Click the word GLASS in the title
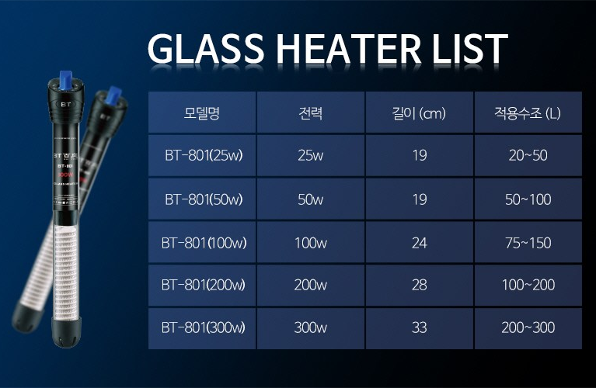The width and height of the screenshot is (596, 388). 206,49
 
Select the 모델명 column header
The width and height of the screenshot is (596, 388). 202,113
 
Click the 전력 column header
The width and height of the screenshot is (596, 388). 311,113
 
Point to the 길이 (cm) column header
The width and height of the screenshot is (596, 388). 419,113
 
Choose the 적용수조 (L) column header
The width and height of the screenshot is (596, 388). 528,113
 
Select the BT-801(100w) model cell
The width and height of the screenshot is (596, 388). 204,243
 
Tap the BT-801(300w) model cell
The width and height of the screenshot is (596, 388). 204,327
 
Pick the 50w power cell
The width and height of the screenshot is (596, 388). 311,199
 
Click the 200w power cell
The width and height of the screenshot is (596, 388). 311,285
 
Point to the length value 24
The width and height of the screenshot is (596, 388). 420,243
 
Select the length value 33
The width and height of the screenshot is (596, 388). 420,327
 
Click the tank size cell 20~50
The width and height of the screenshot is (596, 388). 528,155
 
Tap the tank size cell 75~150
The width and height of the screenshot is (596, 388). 528,243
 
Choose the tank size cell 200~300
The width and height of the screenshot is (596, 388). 528,327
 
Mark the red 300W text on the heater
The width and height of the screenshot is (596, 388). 65,175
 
